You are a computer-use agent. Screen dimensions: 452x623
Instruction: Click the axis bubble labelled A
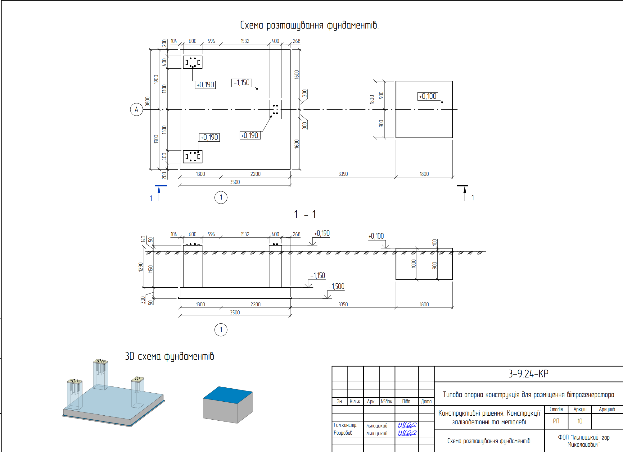136,109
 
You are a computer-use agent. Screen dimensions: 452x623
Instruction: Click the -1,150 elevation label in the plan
242,83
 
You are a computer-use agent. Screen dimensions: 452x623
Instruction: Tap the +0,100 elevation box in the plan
428,96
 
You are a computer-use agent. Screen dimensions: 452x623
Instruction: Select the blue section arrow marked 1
159,193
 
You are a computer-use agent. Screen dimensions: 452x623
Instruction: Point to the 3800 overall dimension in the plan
147,101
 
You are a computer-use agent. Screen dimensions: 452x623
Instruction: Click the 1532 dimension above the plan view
245,41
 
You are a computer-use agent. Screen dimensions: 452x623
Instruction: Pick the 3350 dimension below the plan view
343,174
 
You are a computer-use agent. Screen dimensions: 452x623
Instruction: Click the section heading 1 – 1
305,214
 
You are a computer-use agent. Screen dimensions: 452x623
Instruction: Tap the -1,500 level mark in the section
337,286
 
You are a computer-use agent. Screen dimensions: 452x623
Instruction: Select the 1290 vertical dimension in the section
141,267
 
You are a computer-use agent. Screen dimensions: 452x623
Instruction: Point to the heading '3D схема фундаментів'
169,356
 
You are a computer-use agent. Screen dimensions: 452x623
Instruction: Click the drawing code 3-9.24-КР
528,374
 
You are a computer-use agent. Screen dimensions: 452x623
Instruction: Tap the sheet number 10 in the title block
580,421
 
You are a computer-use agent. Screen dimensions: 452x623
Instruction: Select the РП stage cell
556,421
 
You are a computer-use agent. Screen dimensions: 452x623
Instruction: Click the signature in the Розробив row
407,433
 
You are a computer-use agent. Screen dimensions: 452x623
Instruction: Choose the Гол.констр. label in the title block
345,425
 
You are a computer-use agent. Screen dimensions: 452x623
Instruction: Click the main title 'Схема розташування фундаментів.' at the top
309,25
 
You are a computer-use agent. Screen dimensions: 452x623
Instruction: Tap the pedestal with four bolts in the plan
275,109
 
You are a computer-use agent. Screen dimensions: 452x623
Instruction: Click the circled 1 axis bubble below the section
221,330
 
